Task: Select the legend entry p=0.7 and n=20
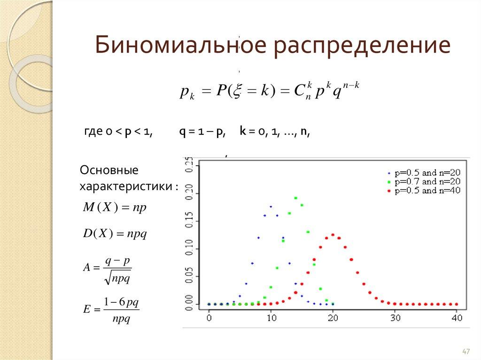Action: (x=427, y=182)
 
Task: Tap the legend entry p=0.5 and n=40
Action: (x=427, y=191)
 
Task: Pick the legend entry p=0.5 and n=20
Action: (x=427, y=172)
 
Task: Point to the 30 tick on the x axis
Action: (x=395, y=317)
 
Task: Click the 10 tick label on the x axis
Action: (x=271, y=317)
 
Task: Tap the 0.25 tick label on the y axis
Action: (x=190, y=166)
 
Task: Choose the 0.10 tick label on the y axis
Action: (x=190, y=248)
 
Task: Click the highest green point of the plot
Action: (x=295, y=198)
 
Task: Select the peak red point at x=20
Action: (x=333, y=235)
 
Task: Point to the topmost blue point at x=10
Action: (x=271, y=207)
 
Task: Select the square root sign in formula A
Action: (x=109, y=278)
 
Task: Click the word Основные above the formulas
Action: (x=109, y=169)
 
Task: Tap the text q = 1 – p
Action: (x=202, y=132)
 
